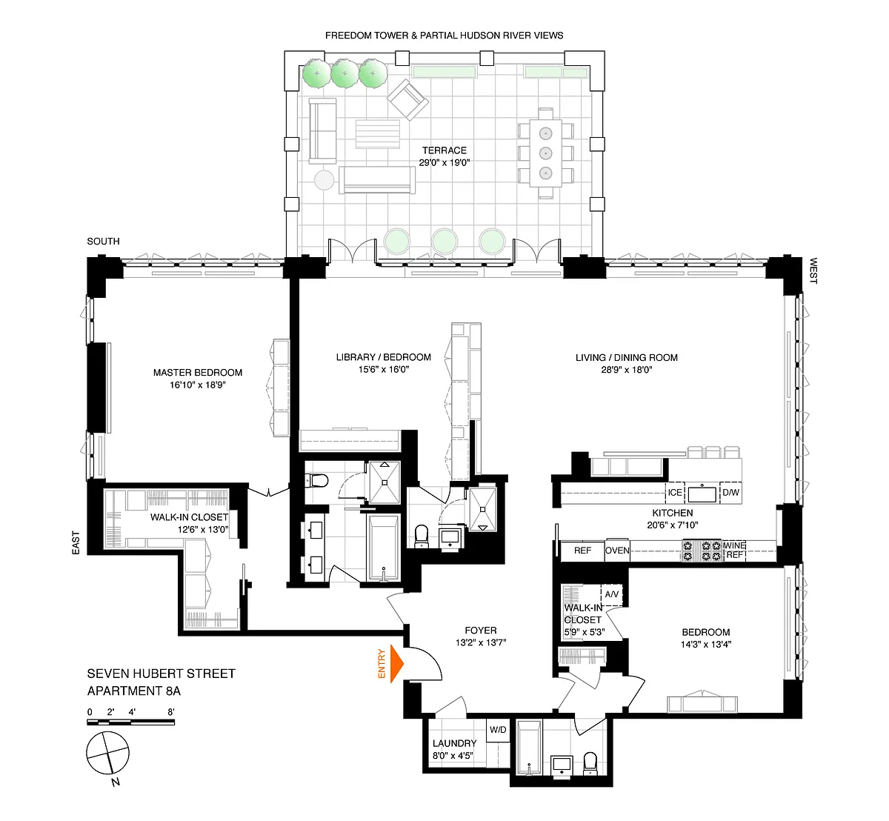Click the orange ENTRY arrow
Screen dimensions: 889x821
point(396,663)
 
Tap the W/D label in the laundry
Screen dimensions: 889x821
point(498,730)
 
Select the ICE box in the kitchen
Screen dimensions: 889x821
point(675,493)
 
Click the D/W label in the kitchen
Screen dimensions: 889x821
point(730,493)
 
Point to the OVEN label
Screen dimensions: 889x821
point(617,551)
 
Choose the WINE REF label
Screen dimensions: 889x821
point(734,550)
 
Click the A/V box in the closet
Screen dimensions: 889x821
point(611,594)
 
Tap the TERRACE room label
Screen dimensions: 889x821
point(444,150)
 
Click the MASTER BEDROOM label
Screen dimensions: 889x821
point(197,373)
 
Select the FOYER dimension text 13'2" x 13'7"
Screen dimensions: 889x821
point(481,642)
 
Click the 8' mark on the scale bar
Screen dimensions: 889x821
point(170,712)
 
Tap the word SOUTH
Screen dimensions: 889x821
point(104,242)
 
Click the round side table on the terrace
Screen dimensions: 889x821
point(324,180)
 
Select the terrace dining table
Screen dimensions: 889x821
point(546,153)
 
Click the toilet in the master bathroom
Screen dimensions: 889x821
point(317,481)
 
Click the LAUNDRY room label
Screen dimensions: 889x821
point(454,743)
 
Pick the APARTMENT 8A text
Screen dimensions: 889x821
point(134,691)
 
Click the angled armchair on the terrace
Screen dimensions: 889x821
point(407,99)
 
